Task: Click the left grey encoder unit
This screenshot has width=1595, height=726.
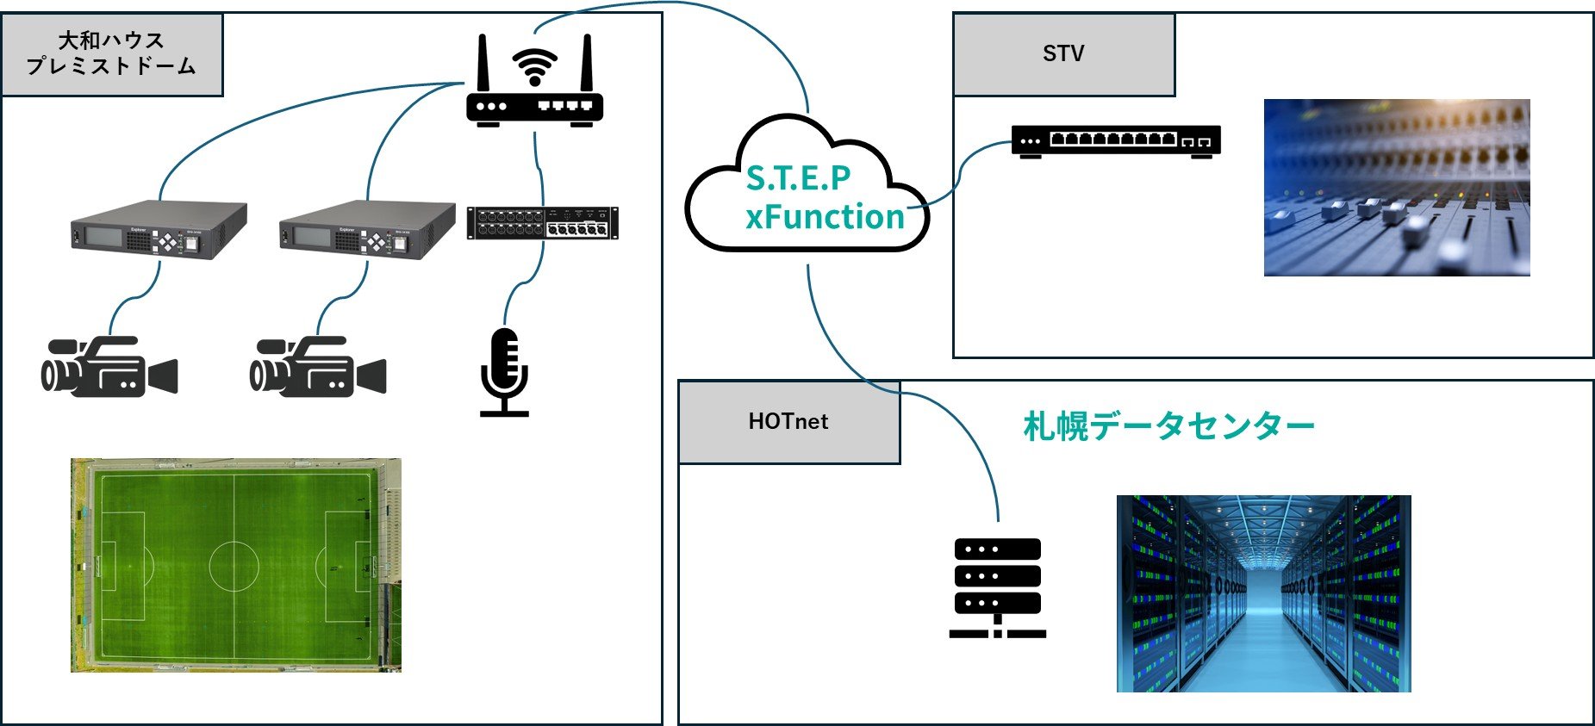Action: (x=159, y=230)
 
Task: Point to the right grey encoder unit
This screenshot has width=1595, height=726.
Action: (x=367, y=230)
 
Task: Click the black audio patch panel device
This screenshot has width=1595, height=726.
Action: (x=542, y=223)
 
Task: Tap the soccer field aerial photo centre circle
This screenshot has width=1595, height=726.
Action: (x=234, y=566)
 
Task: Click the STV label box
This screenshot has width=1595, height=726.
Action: (x=1063, y=53)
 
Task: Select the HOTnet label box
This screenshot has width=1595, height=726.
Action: (x=788, y=421)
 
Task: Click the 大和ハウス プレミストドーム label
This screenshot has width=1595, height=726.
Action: (x=111, y=53)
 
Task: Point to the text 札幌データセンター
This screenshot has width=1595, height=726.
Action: (x=1168, y=426)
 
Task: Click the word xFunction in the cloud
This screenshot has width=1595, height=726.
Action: (x=825, y=217)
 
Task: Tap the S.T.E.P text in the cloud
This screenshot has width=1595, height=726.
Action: (x=798, y=178)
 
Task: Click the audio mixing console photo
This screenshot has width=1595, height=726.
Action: (x=1396, y=188)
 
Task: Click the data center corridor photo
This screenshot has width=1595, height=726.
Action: (x=1263, y=593)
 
